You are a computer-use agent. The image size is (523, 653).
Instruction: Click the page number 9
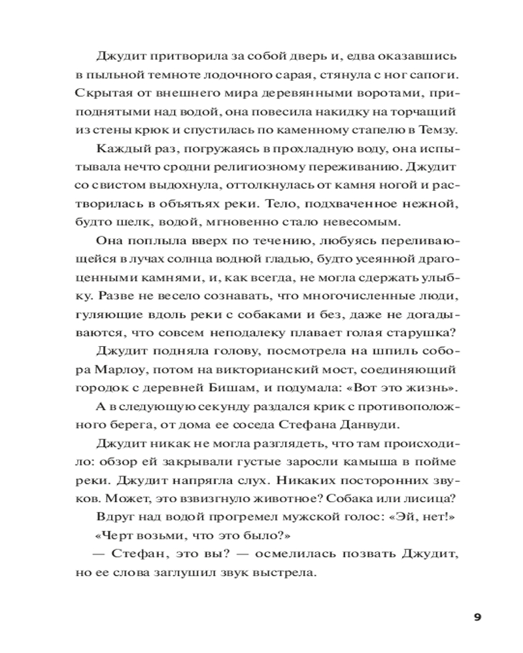pos(477,617)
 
